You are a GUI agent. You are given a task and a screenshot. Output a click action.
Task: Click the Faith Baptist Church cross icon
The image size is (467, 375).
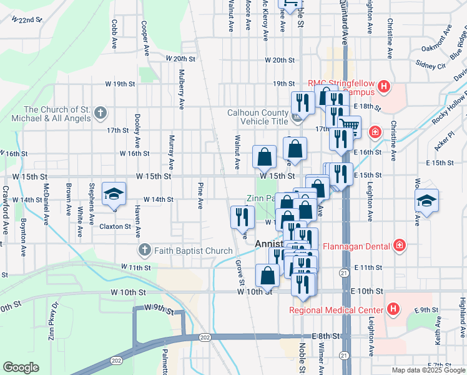tap(144, 251)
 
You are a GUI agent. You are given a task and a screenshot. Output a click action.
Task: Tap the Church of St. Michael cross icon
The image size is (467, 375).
tap(101, 114)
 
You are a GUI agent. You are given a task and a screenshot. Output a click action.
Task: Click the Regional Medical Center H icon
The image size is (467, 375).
tap(393, 309)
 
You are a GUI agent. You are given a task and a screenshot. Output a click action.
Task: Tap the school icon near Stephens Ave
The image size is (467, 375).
tap(114, 194)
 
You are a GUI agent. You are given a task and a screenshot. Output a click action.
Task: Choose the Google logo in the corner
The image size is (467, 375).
tap(21, 367)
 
